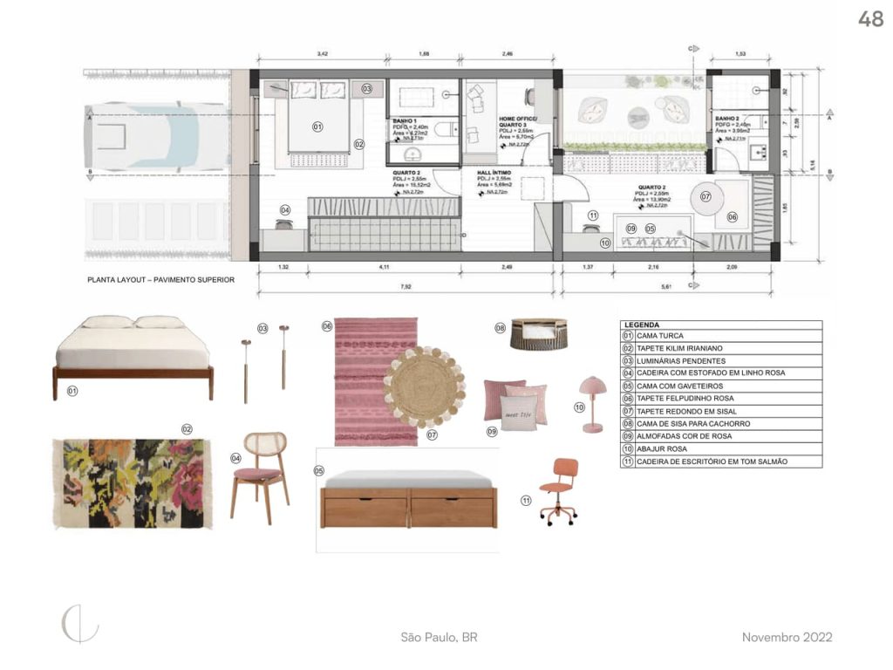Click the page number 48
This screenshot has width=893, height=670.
[870, 19]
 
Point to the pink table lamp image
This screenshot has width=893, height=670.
[593, 404]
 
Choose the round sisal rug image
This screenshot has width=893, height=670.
[424, 386]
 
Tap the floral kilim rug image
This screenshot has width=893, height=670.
[132, 483]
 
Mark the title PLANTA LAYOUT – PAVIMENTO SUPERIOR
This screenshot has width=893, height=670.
[160, 281]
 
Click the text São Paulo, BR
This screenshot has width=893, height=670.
[439, 638]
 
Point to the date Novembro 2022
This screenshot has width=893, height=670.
[787, 638]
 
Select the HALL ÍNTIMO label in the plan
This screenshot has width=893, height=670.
[494, 173]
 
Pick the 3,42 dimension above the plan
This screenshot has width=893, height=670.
[322, 54]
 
